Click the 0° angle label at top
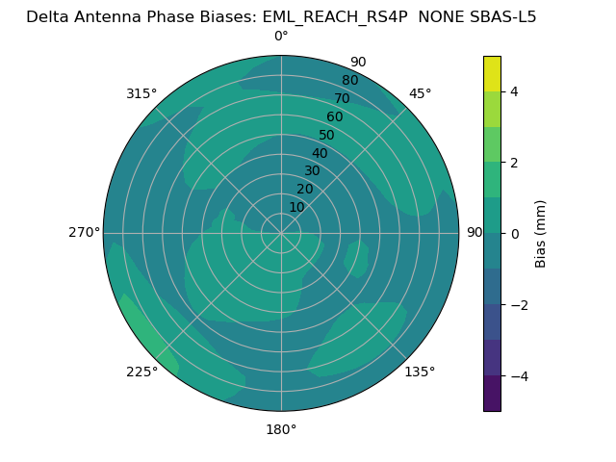(281, 37)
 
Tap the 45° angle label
(420, 93)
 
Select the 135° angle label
(420, 372)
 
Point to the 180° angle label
(281, 429)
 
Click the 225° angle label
(141, 372)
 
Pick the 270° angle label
(84, 233)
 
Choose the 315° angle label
(141, 93)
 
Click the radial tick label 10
(297, 207)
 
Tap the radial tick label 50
(327, 136)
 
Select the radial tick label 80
(349, 81)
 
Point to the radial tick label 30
(312, 171)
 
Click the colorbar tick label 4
(514, 92)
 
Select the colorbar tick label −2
(518, 305)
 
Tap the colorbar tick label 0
(514, 234)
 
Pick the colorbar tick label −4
(518, 376)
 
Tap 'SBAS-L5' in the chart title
(502, 16)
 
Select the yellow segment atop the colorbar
(492, 73)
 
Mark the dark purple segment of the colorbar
(492, 394)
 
